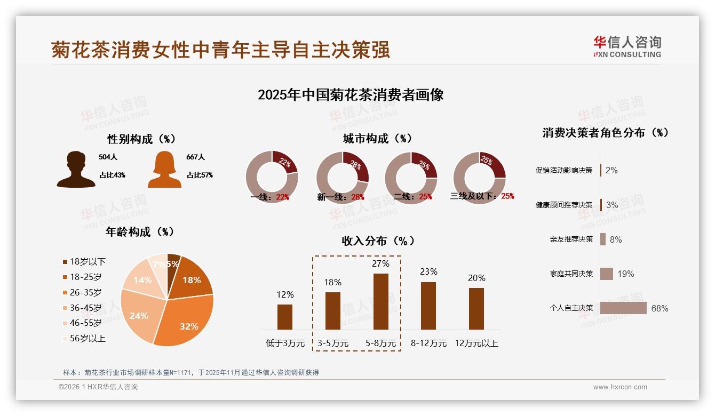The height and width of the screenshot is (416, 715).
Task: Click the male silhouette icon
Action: pyautogui.click(x=76, y=169)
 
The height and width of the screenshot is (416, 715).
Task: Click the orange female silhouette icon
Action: pyautogui.click(x=164, y=169)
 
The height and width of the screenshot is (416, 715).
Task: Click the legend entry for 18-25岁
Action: pyautogui.click(x=85, y=277)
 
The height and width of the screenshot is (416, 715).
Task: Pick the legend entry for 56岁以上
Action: pyautogui.click(x=87, y=339)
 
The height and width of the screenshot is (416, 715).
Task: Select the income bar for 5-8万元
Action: pyautogui.click(x=381, y=301)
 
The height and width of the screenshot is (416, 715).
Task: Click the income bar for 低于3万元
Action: pyautogui.click(x=285, y=317)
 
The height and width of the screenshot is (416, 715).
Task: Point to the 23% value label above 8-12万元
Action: pyautogui.click(x=428, y=272)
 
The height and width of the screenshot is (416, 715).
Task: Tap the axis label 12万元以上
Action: pyautogui.click(x=476, y=343)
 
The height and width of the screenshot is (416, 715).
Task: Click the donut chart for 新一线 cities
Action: pyautogui.click(x=343, y=177)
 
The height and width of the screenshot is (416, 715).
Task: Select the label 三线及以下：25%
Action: pyautogui.click(x=482, y=196)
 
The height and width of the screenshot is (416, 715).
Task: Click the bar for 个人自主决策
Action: pyautogui.click(x=623, y=308)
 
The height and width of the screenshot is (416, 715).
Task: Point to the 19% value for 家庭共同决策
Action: pyautogui.click(x=626, y=274)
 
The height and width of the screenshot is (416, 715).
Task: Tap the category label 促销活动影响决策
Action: pyautogui.click(x=564, y=171)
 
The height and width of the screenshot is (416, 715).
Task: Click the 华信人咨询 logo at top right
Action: pyautogui.click(x=627, y=46)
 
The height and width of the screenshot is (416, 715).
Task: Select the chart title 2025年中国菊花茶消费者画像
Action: pyautogui.click(x=351, y=95)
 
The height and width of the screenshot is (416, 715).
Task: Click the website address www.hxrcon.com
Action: pyautogui.click(x=620, y=387)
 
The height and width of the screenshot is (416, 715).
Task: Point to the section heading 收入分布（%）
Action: pyautogui.click(x=378, y=241)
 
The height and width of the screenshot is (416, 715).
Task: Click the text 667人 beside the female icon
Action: pyautogui.click(x=195, y=157)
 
